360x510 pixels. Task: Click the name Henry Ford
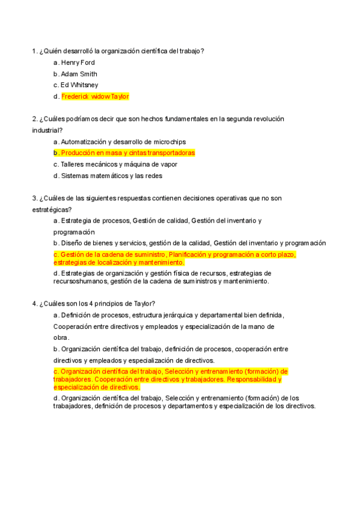[x=78, y=63]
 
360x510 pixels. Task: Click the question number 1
[x=34, y=51]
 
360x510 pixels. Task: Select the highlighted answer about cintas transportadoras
[x=127, y=153]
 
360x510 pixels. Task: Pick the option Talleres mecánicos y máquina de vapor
[x=119, y=164]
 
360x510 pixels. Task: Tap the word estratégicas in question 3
[x=50, y=209]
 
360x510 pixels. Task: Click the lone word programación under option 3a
[x=74, y=232]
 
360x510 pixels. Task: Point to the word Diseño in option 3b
[x=72, y=243]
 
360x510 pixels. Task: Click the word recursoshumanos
[x=81, y=281]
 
